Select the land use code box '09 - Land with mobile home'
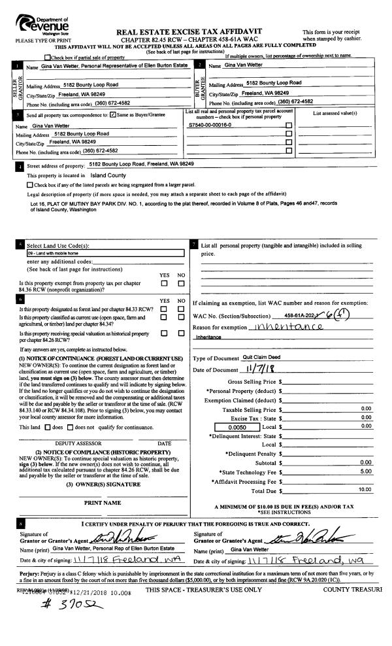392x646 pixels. pyautogui.click(x=105, y=252)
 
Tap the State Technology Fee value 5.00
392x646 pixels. pyautogui.click(x=365, y=471)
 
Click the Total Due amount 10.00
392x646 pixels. pyautogui.click(x=364, y=490)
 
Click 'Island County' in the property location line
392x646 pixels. pyautogui.click(x=108, y=176)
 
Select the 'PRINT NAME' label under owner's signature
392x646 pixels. pyautogui.click(x=103, y=503)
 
